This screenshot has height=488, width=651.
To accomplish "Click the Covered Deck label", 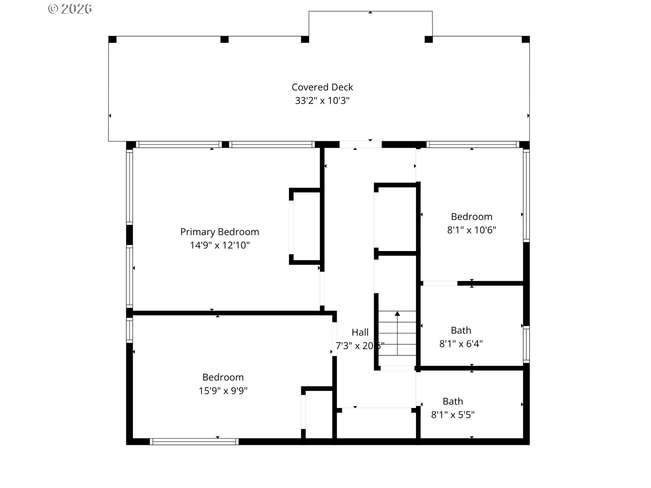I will click(x=322, y=87).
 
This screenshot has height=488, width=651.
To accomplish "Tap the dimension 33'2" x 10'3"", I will click(x=322, y=100).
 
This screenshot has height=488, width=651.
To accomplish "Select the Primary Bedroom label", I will click(x=219, y=232).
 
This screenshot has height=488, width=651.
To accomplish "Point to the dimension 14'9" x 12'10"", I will click(x=219, y=245).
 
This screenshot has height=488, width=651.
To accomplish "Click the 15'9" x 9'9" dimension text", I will click(x=223, y=391).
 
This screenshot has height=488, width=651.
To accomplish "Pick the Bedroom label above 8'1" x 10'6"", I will click(x=471, y=217).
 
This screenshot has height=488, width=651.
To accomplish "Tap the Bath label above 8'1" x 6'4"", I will click(x=461, y=330).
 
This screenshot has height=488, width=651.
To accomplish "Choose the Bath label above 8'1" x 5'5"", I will click(x=453, y=401).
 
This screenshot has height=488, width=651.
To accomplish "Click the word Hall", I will click(x=360, y=332).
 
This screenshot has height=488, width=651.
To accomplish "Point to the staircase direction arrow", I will click(x=397, y=314).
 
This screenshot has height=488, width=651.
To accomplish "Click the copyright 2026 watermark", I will click(x=70, y=9).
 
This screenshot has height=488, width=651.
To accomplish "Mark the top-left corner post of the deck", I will click(x=112, y=40).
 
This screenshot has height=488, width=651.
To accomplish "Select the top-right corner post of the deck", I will click(x=525, y=40).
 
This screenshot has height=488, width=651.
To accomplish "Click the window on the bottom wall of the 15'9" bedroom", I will click(x=194, y=441).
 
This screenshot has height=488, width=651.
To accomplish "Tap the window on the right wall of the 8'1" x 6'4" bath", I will click(x=526, y=344).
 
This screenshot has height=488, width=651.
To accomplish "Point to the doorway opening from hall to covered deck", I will click(x=361, y=144).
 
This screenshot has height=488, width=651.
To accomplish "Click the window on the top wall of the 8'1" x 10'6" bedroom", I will click(x=472, y=144).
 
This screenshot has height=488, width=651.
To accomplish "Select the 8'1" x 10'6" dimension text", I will click(x=471, y=230).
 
